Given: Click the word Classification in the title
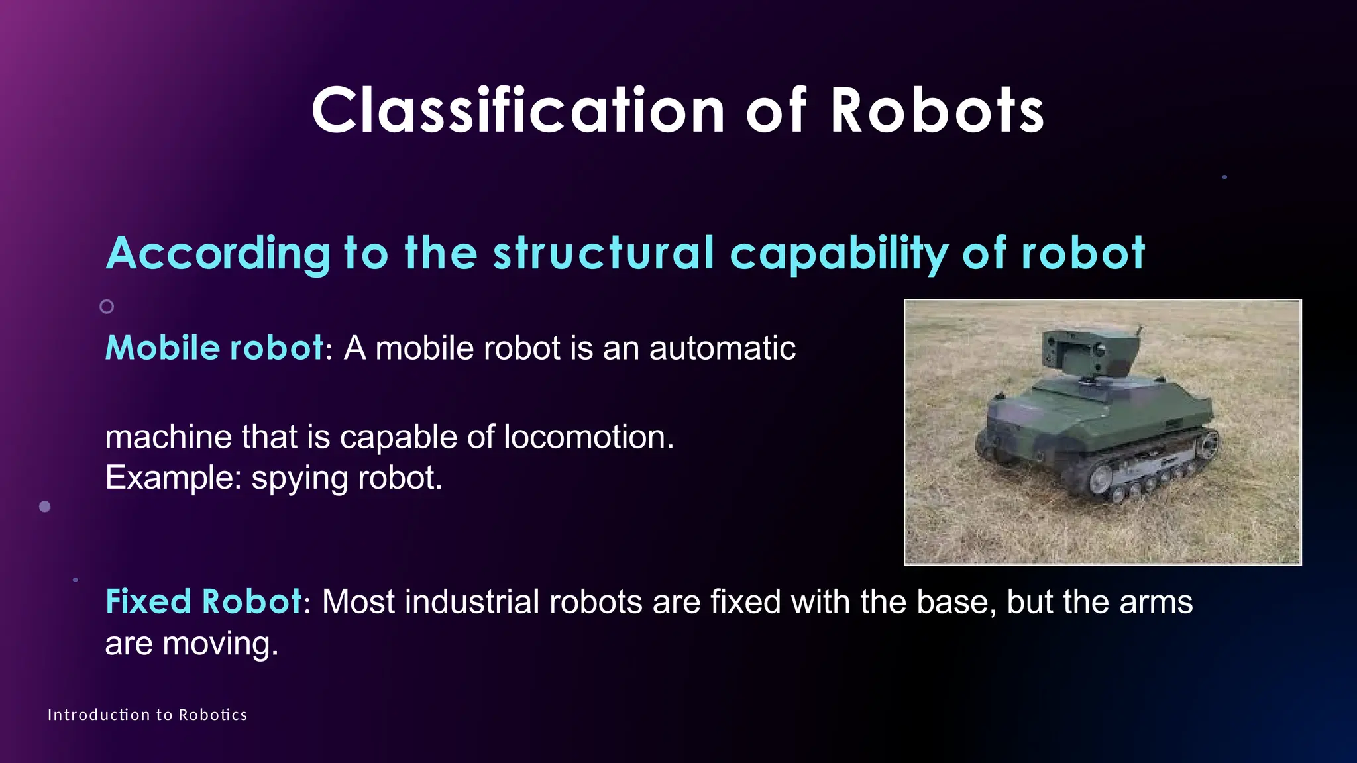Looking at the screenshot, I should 518,111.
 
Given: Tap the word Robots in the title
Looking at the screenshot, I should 937,111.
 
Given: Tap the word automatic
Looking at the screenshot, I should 722,348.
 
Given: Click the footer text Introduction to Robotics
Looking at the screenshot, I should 147,715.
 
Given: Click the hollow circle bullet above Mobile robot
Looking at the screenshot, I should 107,307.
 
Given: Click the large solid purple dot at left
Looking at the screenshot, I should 45,507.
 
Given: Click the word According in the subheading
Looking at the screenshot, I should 218,254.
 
